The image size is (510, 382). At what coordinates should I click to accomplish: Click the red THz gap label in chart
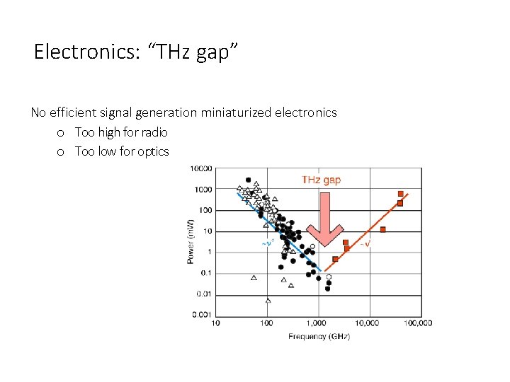click(321, 180)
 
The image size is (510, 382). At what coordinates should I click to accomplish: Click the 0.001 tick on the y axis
click(202, 315)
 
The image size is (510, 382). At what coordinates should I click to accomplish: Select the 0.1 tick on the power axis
click(205, 273)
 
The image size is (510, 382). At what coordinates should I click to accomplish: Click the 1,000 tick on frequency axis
click(317, 324)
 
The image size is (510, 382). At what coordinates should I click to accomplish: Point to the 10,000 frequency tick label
click(366, 324)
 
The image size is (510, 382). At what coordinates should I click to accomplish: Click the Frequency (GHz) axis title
click(318, 337)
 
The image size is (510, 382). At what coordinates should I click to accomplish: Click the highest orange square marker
click(401, 194)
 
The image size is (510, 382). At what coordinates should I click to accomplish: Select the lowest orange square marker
click(335, 259)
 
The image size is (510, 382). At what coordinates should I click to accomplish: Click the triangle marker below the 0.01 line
click(268, 300)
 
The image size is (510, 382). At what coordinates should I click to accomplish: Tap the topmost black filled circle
click(248, 180)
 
